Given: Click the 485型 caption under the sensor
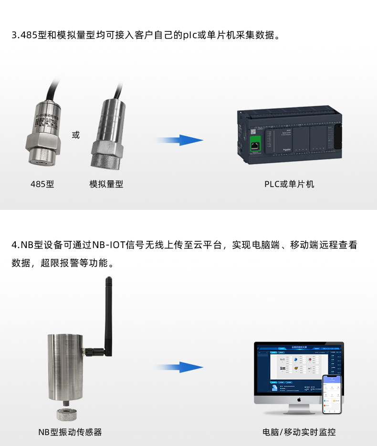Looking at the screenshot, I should click(42, 184).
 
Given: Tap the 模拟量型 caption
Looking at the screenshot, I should click(106, 184).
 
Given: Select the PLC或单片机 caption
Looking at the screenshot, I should click(289, 184).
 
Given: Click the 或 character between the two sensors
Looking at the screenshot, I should click(76, 135).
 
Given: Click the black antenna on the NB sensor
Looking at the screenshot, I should click(108, 315).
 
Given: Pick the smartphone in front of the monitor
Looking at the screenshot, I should click(333, 394).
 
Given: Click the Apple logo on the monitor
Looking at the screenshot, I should click(299, 399).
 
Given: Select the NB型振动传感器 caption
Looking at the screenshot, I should click(70, 432).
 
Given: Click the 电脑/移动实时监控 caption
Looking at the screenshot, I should click(299, 432).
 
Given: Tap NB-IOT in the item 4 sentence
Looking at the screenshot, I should click(108, 246).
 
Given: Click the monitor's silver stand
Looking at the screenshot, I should click(299, 409).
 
